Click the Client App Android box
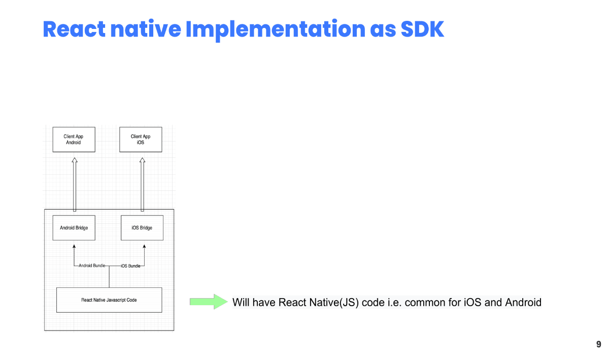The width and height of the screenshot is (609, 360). [x=74, y=139]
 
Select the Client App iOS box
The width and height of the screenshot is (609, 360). [x=141, y=139]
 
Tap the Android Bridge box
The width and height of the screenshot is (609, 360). [x=74, y=228]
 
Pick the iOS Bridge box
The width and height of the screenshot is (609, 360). [x=142, y=228]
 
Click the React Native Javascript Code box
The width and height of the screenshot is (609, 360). [x=109, y=300]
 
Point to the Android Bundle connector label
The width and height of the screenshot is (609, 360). [x=92, y=266]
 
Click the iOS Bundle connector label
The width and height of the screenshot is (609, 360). [x=130, y=266]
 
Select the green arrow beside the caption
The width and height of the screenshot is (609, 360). [x=209, y=302]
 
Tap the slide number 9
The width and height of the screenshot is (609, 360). [x=599, y=344]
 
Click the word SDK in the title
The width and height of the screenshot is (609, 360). [x=422, y=29]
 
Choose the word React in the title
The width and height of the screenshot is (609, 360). [x=74, y=29]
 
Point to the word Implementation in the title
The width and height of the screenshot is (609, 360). [x=276, y=30]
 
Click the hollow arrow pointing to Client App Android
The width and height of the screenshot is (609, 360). [x=75, y=184]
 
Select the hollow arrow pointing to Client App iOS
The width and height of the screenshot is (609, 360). [x=142, y=184]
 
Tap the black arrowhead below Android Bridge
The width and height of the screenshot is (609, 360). [x=74, y=246]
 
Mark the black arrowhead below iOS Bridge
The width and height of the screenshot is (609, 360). [x=144, y=246]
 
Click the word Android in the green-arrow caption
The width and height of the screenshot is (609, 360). [x=523, y=302]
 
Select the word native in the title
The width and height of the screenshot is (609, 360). [x=146, y=29]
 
